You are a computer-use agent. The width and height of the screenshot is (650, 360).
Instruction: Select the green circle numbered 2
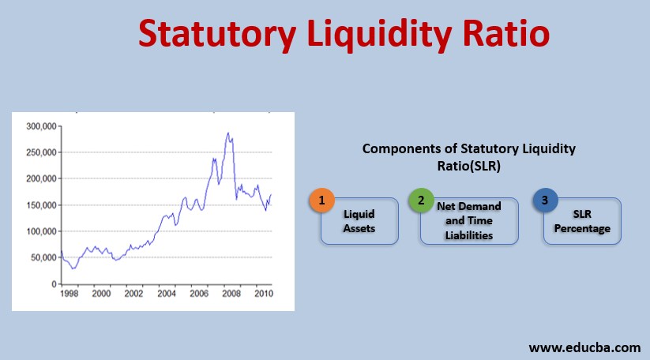[x=420, y=200]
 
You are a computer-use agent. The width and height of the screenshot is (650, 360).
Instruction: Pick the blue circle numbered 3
[x=544, y=200]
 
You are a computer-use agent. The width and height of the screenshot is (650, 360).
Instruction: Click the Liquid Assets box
[x=359, y=220]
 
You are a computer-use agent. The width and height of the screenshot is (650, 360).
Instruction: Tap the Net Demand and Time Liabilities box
[x=469, y=220]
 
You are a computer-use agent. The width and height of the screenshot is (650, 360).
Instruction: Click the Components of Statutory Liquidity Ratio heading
[x=469, y=156]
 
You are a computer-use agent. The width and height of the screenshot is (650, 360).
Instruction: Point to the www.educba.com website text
[x=584, y=347]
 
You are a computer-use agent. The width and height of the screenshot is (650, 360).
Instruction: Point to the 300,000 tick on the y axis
[x=40, y=126]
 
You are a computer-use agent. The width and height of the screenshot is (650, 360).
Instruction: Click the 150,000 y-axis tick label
[x=40, y=204]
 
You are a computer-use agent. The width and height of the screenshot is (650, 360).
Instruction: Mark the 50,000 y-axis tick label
[x=43, y=257]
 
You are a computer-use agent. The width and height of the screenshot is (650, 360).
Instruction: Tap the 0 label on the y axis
[x=53, y=283]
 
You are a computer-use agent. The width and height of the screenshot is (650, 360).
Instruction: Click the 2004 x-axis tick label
[x=167, y=294]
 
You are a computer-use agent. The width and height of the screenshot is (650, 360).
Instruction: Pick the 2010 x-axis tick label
[x=263, y=294]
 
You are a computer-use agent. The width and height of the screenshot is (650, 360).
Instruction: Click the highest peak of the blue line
[x=228, y=133]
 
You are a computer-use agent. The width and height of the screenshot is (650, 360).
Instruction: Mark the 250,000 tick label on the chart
[x=40, y=152]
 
